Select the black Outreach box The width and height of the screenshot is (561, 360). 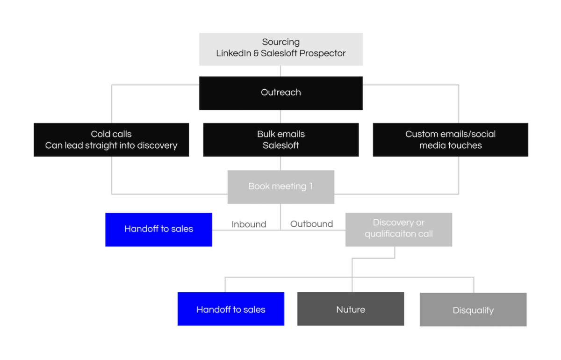point(280,93)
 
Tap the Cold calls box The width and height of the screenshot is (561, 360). point(111,139)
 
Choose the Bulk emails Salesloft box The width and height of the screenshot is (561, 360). point(280,139)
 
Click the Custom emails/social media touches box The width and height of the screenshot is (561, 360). point(450,139)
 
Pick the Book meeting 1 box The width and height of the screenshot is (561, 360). point(280,187)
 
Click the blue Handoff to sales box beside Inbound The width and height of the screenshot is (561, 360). point(158,229)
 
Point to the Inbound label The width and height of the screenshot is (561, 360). point(249,224)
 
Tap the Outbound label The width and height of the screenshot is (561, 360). point(311,224)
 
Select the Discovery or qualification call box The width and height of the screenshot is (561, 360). point(398,229)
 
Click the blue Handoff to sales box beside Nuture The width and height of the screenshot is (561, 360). point(230,309)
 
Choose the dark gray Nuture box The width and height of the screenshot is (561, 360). point(351,309)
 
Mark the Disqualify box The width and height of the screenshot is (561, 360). point(473,310)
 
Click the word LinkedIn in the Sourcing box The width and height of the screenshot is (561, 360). point(231,53)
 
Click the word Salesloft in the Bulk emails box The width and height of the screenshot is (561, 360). point(280,145)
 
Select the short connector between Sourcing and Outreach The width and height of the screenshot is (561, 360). point(280,71)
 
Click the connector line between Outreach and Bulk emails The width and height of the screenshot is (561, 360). point(280,116)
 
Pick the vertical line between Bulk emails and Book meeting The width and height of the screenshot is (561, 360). point(280,163)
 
